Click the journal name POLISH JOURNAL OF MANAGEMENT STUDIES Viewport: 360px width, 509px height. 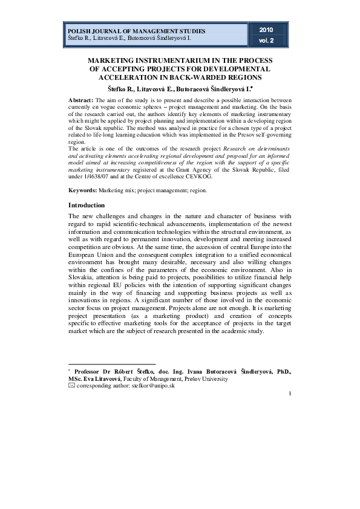click(136, 31)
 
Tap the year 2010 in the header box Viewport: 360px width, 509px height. click(267, 30)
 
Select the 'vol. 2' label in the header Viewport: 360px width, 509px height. click(267, 41)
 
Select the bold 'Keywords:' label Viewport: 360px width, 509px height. click(83, 190)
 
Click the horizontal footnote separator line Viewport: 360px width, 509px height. click(103, 365)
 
